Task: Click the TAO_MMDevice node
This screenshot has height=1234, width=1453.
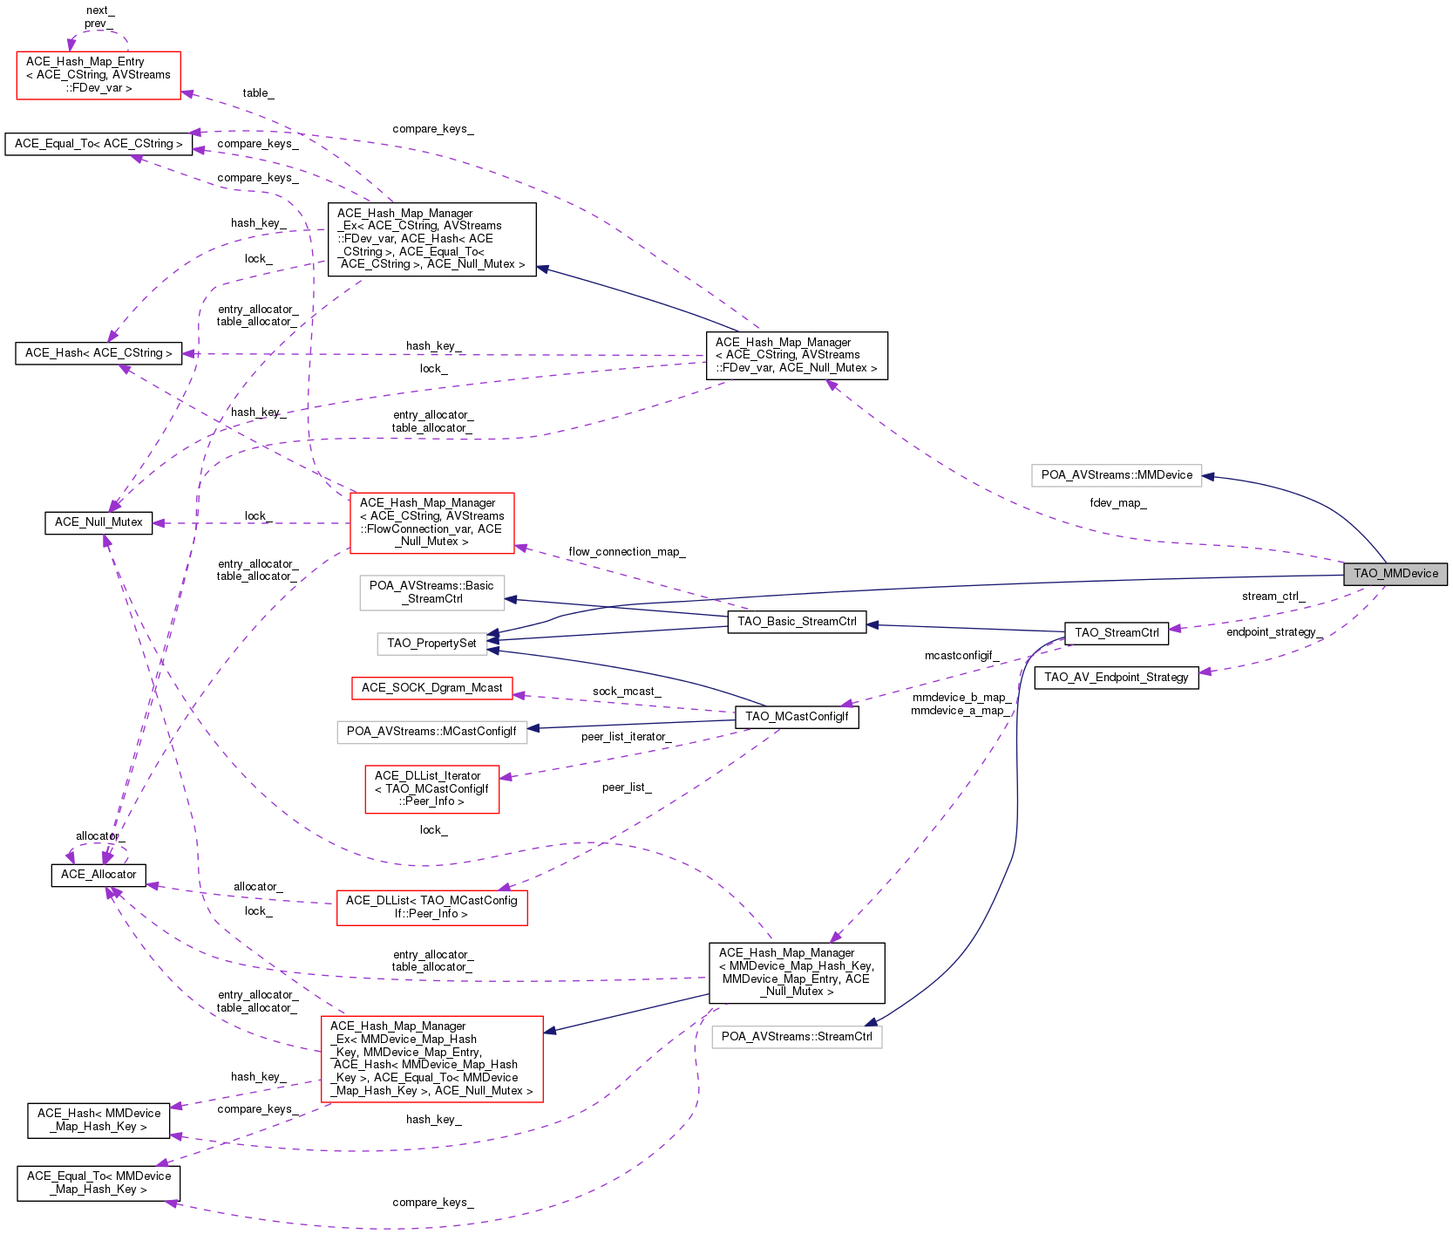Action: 1395,574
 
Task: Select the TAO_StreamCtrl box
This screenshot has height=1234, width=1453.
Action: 1117,633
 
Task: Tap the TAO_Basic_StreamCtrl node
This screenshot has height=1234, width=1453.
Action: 797,622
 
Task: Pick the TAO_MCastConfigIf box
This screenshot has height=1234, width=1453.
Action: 797,717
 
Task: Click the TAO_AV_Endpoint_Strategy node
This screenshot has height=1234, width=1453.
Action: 1117,678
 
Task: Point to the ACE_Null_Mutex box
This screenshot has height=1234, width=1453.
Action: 98,522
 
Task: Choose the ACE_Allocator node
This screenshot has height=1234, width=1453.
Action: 98,875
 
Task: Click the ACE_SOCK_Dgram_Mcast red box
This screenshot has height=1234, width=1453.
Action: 431,688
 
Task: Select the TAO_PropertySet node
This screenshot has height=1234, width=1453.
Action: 431,644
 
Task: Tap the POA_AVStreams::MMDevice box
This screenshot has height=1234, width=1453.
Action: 1117,475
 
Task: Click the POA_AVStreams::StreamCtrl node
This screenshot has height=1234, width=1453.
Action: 797,1037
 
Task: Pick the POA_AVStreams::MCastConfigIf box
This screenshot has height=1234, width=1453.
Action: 431,731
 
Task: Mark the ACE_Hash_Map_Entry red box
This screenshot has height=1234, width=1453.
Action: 98,75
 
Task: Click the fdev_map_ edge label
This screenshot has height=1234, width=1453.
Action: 1117,503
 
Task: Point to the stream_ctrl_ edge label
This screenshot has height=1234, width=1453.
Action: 1273,597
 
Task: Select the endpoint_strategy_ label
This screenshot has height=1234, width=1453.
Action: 1274,632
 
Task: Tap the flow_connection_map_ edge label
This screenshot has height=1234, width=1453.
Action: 627,552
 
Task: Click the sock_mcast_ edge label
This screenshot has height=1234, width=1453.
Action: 627,692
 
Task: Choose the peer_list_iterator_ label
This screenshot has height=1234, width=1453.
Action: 626,737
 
